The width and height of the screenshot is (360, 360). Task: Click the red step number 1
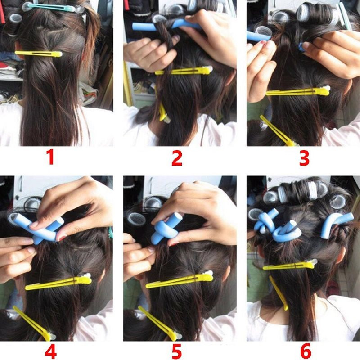(51, 157)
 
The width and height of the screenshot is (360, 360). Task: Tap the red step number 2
(177, 158)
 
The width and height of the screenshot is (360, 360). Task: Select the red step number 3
(304, 158)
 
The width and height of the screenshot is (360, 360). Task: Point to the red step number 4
(51, 351)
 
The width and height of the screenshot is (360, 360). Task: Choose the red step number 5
(177, 351)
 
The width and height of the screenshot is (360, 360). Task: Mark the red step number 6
(306, 351)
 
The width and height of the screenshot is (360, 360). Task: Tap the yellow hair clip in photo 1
(39, 54)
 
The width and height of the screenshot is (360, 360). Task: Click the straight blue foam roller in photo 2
(165, 25)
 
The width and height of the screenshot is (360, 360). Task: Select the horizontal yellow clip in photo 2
(184, 71)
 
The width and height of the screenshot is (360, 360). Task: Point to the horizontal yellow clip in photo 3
(298, 91)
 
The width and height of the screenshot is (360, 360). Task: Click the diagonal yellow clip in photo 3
(277, 130)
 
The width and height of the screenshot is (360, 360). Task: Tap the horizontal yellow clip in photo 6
(290, 265)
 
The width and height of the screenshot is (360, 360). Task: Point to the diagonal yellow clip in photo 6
(279, 293)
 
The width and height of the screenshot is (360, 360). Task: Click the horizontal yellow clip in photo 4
(58, 282)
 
